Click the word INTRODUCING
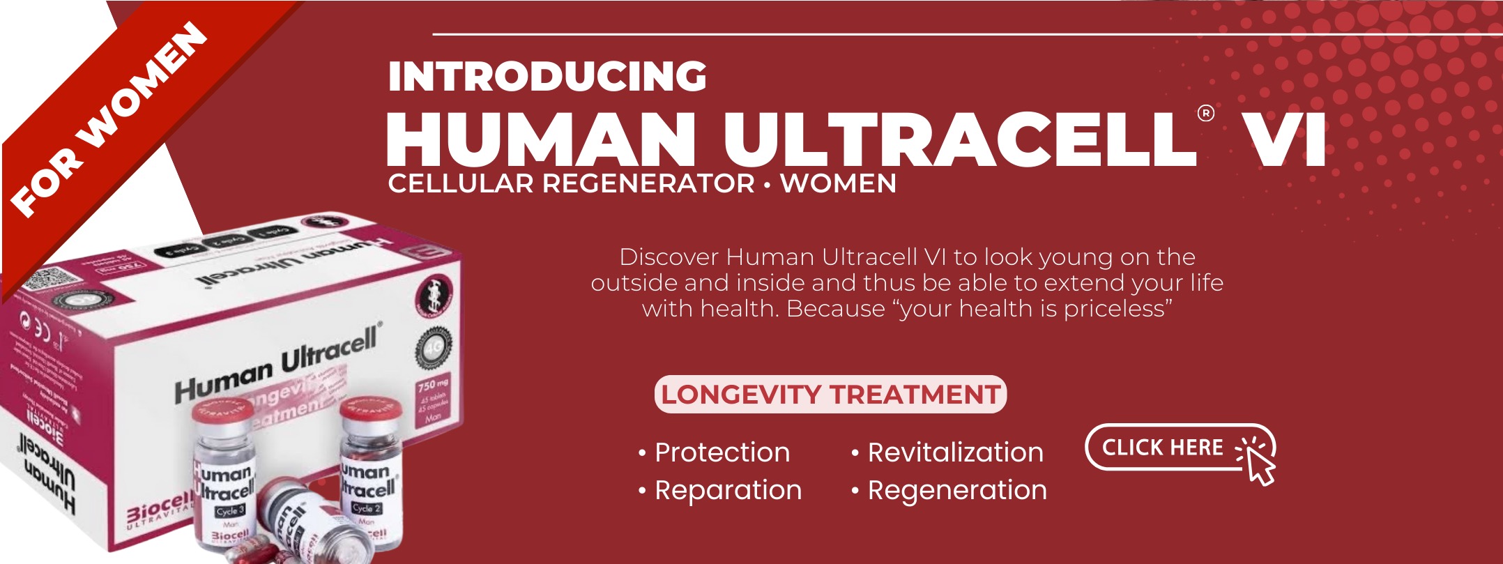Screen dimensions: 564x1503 (547, 77)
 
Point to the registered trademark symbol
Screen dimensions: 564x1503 (1205, 113)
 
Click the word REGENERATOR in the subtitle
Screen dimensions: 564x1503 (648, 184)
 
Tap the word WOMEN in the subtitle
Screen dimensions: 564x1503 (838, 184)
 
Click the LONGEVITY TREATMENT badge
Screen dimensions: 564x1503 (830, 395)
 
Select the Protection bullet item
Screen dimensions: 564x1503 (722, 452)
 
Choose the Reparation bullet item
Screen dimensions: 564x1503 (727, 490)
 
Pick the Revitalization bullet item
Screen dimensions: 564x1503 (954, 452)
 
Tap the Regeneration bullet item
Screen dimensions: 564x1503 (956, 490)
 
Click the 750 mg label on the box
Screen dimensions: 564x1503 (433, 384)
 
